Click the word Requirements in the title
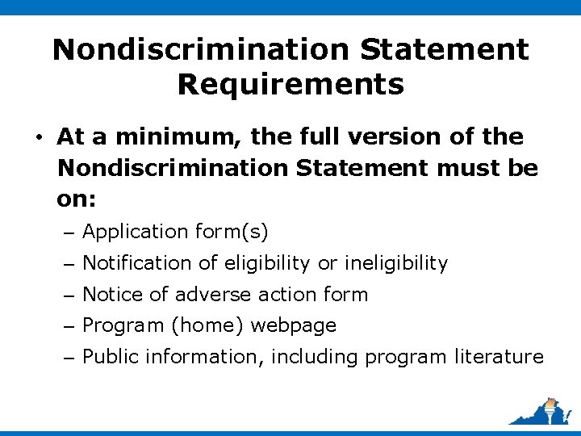(x=290, y=83)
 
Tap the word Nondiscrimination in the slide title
(x=202, y=49)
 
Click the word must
(x=470, y=168)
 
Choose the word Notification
(x=136, y=263)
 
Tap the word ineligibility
(x=395, y=263)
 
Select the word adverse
(x=206, y=295)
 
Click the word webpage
(x=293, y=326)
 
